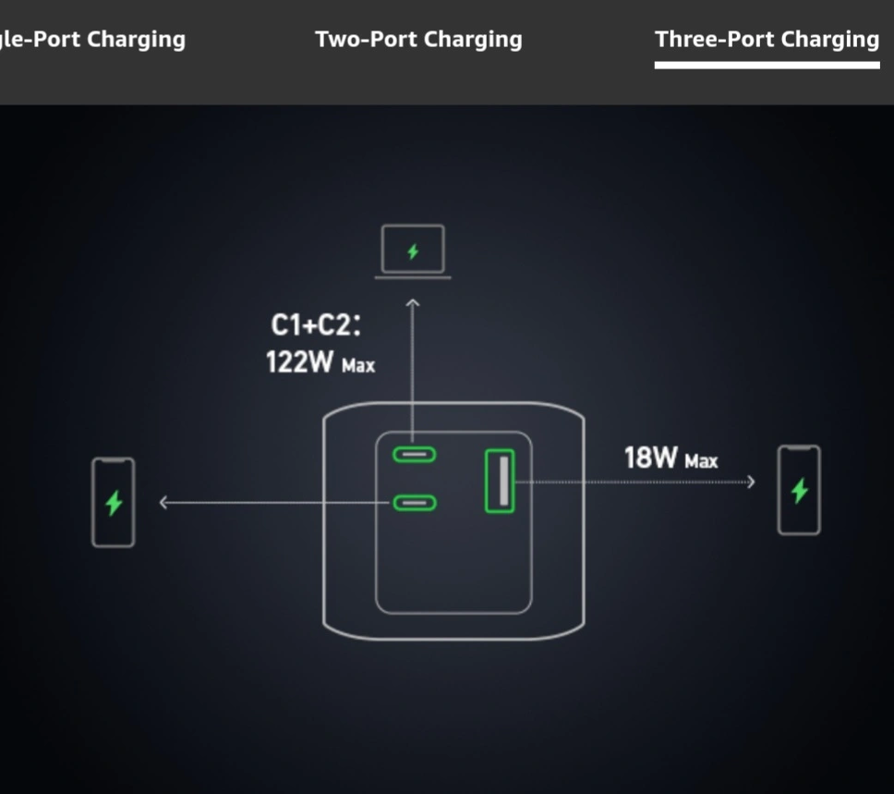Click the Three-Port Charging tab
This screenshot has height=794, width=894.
pos(767,40)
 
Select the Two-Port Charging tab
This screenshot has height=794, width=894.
pos(418,40)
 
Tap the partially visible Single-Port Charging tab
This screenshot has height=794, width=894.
pos(92,40)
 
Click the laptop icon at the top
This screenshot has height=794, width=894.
pos(413,251)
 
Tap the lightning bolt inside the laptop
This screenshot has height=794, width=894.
pos(413,250)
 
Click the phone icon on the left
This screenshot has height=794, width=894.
pos(114,502)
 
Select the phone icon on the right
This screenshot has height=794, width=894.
pos(799,490)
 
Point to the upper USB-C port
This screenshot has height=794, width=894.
pos(415,454)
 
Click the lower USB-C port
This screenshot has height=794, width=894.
pos(415,503)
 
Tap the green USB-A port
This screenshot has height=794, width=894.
pos(500,481)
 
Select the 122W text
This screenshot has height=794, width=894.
pos(299,362)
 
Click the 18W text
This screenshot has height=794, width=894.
pos(652,458)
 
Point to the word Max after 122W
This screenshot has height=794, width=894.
pos(358,366)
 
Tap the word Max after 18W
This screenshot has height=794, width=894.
pos(701,460)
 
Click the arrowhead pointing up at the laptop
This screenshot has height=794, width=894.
pos(413,302)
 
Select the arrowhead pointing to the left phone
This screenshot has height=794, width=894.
pos(163,503)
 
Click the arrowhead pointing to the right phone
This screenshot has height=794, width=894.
pos(751,482)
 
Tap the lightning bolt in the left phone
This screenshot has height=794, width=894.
pos(114,502)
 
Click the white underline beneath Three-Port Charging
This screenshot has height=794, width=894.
pos(767,66)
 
